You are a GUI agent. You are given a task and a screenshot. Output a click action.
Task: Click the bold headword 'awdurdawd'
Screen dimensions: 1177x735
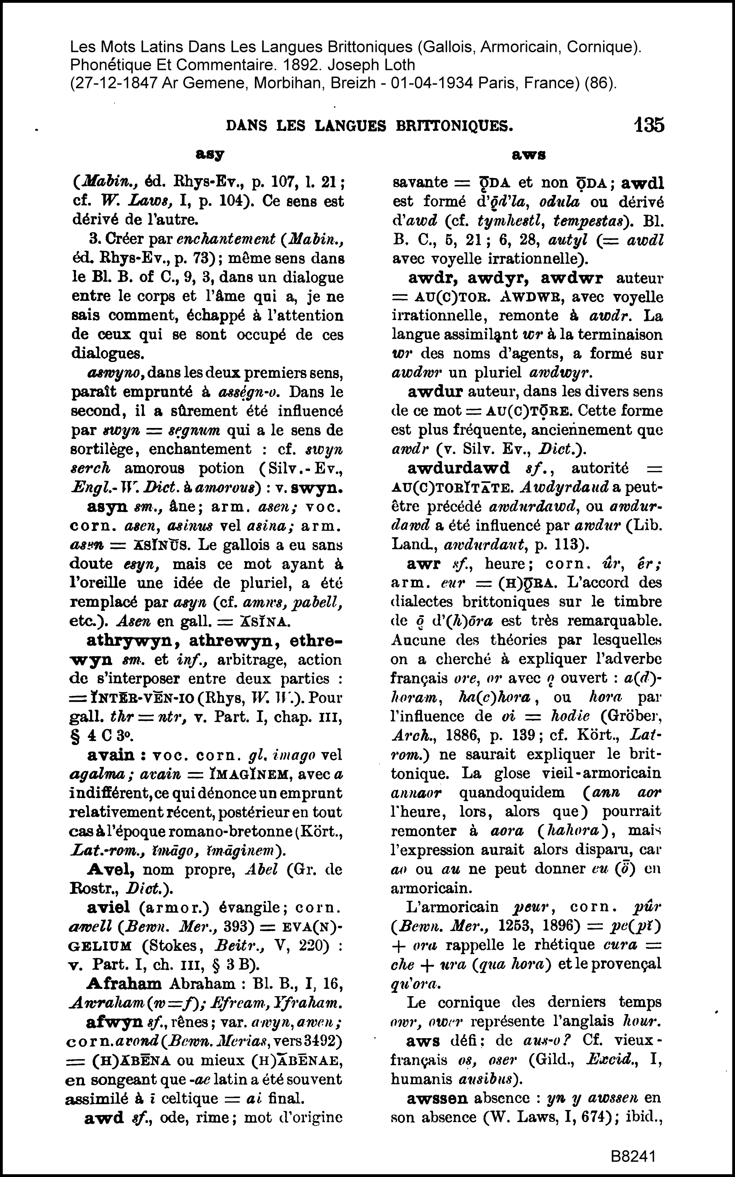click(459, 468)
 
